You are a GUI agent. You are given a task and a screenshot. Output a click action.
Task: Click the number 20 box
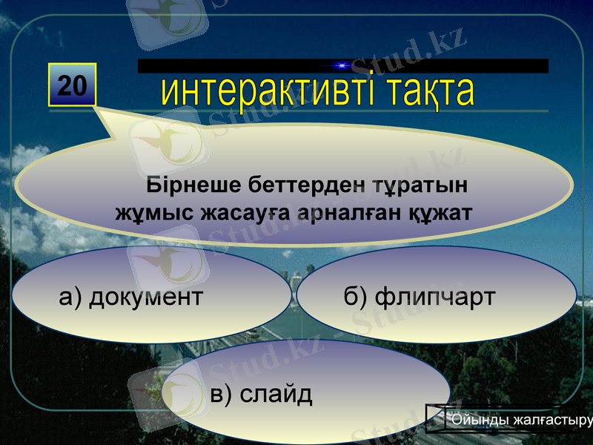click(x=73, y=86)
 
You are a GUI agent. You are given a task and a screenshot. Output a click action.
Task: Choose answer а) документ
click(x=130, y=297)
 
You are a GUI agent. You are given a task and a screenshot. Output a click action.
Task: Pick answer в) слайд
click(x=261, y=394)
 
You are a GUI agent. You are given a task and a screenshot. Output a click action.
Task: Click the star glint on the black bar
click(x=340, y=66)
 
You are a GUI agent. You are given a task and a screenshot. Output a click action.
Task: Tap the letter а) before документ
click(x=70, y=297)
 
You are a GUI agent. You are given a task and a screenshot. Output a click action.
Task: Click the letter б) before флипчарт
click(x=355, y=297)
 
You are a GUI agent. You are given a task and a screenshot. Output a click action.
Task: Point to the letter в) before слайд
click(x=221, y=394)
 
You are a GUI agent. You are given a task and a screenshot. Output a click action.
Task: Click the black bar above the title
click(x=460, y=66)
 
